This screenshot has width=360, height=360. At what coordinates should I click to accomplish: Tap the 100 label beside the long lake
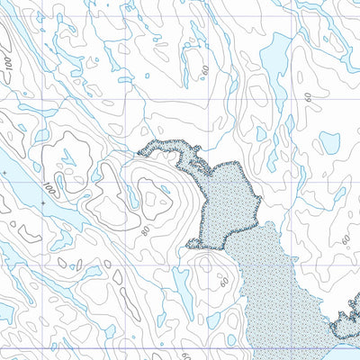(47, 189)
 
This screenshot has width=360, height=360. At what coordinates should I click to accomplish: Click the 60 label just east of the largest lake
(309, 97)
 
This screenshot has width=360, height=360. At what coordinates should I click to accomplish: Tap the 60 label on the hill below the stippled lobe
(223, 281)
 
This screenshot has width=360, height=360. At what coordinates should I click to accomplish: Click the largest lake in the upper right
(274, 58)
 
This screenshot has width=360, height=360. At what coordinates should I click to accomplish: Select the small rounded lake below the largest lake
(329, 141)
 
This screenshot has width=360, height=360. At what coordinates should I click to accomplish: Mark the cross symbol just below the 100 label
(41, 204)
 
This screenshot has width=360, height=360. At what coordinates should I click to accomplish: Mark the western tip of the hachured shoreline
(139, 155)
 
